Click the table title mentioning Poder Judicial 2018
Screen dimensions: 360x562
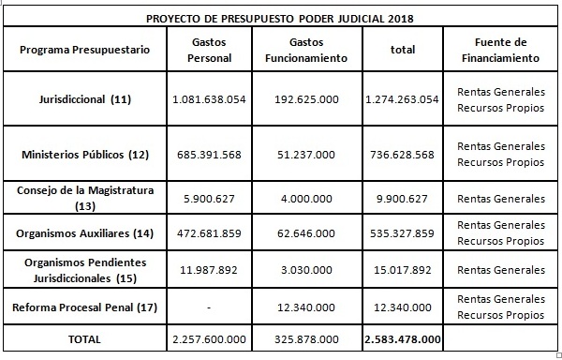coord(281,19)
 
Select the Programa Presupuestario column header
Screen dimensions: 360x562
coord(83,49)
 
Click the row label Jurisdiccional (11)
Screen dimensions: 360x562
coord(83,99)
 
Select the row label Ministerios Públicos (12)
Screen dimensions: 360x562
coord(83,154)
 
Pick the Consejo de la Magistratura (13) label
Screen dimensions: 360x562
coord(83,199)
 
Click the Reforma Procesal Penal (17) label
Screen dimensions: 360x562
coord(83,306)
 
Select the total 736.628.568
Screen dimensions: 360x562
coord(402,154)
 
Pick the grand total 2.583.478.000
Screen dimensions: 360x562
coord(402,338)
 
